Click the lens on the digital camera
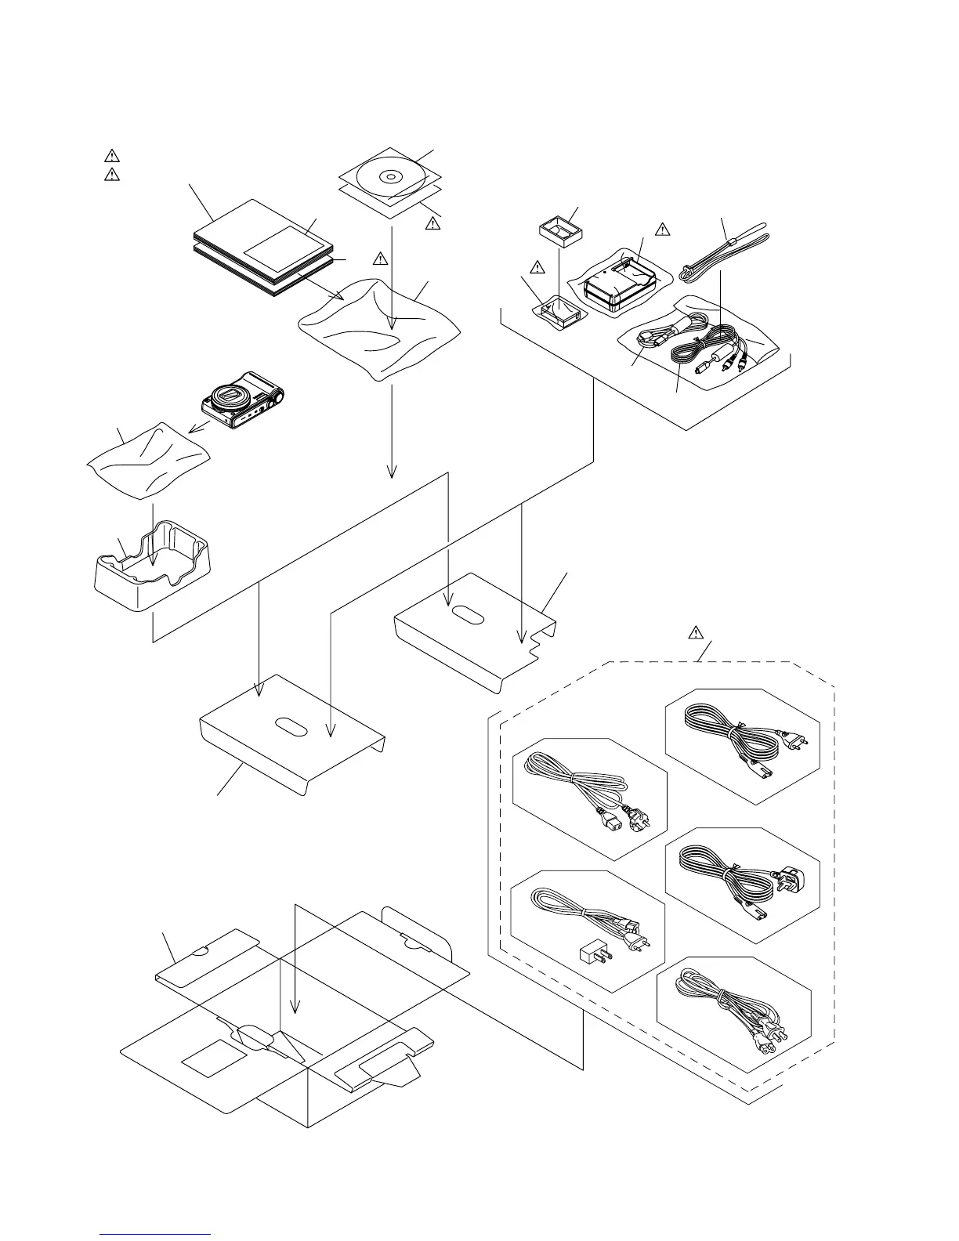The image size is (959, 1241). pos(233,397)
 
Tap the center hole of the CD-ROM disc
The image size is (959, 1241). pos(389,176)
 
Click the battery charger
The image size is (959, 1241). pos(619,286)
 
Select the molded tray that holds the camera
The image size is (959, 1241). pos(154,568)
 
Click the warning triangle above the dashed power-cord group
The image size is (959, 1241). pos(697,633)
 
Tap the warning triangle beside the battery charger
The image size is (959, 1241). pos(663,229)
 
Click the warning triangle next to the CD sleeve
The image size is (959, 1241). pos(432,223)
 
